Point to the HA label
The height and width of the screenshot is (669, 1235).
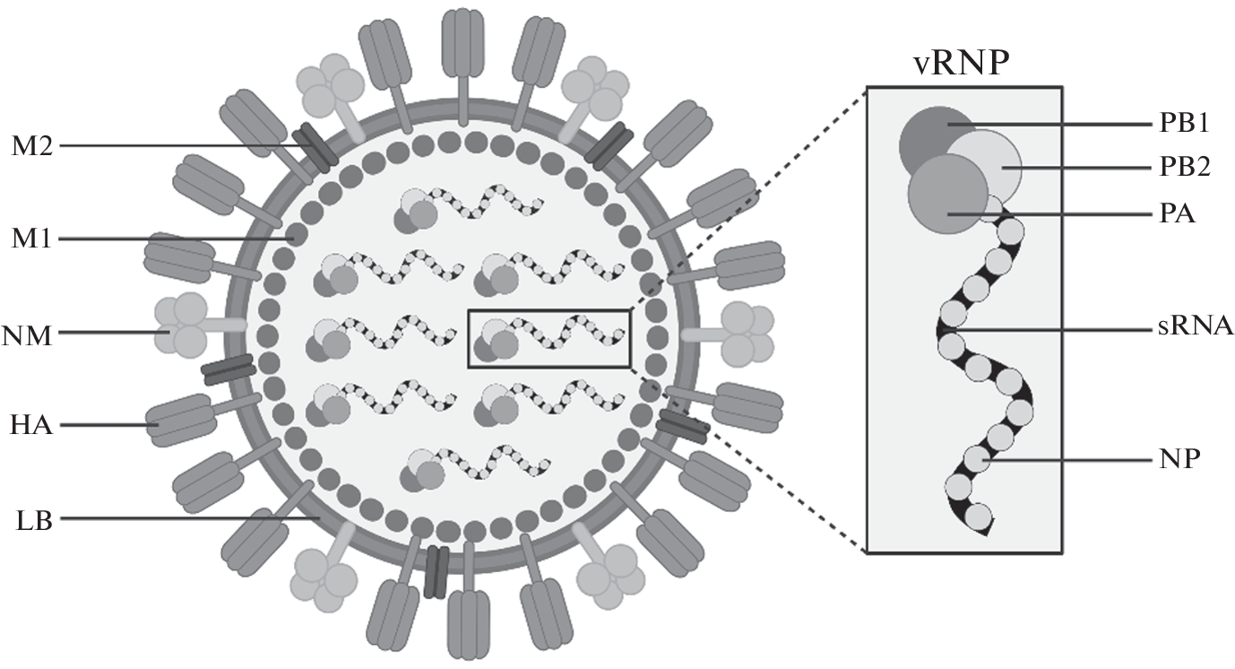(x=30, y=425)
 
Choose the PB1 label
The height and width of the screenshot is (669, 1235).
(x=1182, y=123)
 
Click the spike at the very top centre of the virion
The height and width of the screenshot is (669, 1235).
(x=463, y=46)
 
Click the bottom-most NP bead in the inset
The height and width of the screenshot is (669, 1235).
(x=980, y=516)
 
